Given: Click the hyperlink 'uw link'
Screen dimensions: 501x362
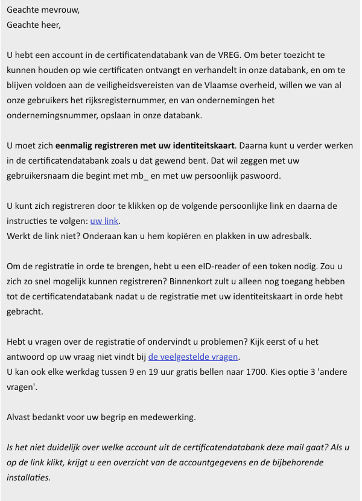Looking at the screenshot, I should [x=104, y=221].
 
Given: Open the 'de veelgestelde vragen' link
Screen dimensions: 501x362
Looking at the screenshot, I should [x=194, y=357].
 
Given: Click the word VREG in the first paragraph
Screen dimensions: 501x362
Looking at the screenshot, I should [x=217, y=56].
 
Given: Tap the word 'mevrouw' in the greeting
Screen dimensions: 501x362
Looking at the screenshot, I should [x=60, y=10].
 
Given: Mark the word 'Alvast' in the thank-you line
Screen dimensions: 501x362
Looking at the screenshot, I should [x=20, y=417].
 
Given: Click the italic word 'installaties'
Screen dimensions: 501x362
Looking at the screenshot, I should [x=29, y=477].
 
